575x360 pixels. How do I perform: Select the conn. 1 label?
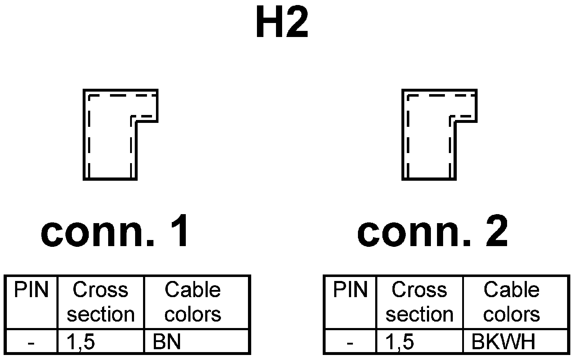click(115, 232)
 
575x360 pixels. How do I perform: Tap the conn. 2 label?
click(433, 232)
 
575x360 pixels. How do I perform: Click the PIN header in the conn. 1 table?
click(31, 290)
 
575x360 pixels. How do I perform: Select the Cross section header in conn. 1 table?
click(101, 302)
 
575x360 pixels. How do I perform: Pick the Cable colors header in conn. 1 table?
click(193, 302)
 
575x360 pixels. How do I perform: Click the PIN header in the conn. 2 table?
click(350, 290)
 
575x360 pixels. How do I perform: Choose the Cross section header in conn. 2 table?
click(419, 302)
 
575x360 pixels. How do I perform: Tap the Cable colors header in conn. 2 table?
click(511, 302)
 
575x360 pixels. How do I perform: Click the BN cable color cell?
click(167, 342)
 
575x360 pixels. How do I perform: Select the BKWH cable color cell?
click(503, 342)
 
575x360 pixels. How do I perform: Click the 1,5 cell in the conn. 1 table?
click(81, 342)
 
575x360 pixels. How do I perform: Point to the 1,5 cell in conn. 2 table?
click(400, 342)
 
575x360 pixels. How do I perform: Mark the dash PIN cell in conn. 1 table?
click(31, 343)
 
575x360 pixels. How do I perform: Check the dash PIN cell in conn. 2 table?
click(350, 343)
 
